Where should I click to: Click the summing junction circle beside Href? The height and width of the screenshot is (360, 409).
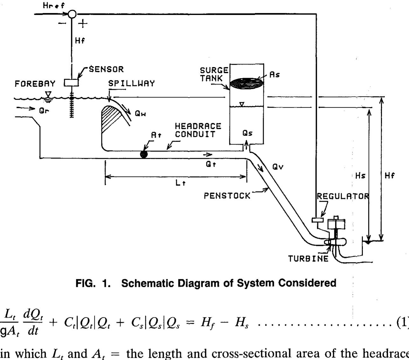coord(72,14)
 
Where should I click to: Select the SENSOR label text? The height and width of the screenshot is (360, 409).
coord(106,69)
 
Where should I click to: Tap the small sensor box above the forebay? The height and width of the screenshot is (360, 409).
coord(71,83)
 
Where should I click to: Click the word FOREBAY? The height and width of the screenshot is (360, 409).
coord(35,84)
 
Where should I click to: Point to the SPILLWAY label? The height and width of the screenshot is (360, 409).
coord(131,84)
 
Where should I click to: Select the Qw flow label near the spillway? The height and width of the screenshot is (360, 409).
coord(140,113)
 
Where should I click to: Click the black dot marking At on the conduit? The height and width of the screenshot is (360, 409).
coord(144,154)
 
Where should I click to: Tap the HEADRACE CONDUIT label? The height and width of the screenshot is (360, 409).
coord(198,130)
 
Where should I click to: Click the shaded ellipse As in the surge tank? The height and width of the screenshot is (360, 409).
coord(246,84)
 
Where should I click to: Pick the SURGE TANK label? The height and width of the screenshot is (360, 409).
coord(214,74)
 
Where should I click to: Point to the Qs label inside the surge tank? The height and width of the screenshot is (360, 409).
coord(247,133)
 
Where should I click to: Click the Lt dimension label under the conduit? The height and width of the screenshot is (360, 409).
coord(180,183)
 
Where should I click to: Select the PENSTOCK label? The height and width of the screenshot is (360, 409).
coord(227,196)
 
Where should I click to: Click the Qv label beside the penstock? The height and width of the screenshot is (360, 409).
coord(278,167)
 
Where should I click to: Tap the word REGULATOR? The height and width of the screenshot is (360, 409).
coord(343,196)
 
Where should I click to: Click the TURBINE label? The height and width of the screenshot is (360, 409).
coord(308,259)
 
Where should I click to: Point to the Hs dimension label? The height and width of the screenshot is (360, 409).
coord(360,175)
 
